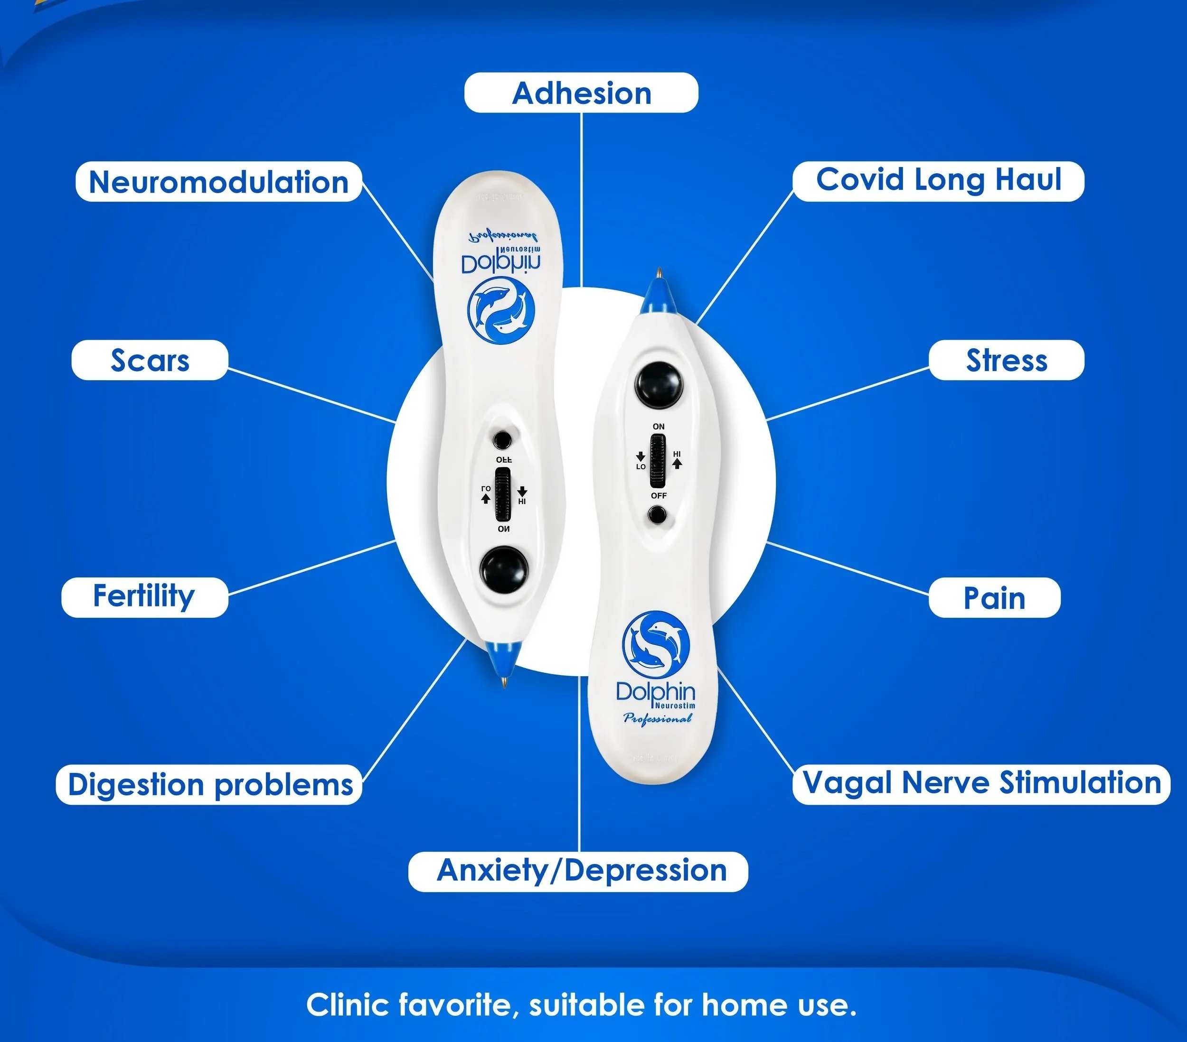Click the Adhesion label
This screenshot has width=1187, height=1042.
tap(581, 93)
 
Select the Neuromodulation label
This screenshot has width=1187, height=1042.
tap(219, 182)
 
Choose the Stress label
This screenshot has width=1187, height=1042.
tap(1007, 360)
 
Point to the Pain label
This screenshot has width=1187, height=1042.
tap(994, 597)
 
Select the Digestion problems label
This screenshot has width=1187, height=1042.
tap(209, 785)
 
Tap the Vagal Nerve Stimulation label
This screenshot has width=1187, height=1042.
tap(981, 784)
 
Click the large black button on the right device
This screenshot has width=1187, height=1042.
tap(658, 384)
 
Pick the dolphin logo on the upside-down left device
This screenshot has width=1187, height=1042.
tap(502, 309)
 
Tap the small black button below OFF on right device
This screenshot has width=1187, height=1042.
tap(658, 515)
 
